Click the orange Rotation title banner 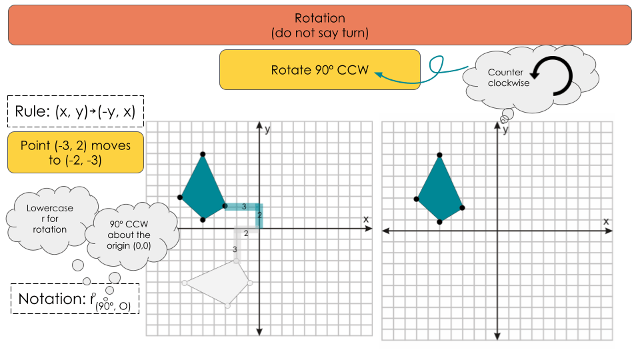[319, 25]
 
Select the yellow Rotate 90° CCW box [320, 70]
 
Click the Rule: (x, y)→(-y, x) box [75, 112]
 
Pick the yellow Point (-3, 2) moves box [75, 153]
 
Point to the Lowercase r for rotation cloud [51, 219]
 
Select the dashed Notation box [75, 299]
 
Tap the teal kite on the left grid [203, 190]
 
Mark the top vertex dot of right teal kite [439, 155]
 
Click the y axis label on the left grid [267, 129]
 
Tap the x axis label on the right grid [606, 220]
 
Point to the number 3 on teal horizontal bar [244, 207]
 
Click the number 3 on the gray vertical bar [235, 249]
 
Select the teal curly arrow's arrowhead [377, 75]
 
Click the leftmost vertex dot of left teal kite [180, 197]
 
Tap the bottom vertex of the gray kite [227, 305]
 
